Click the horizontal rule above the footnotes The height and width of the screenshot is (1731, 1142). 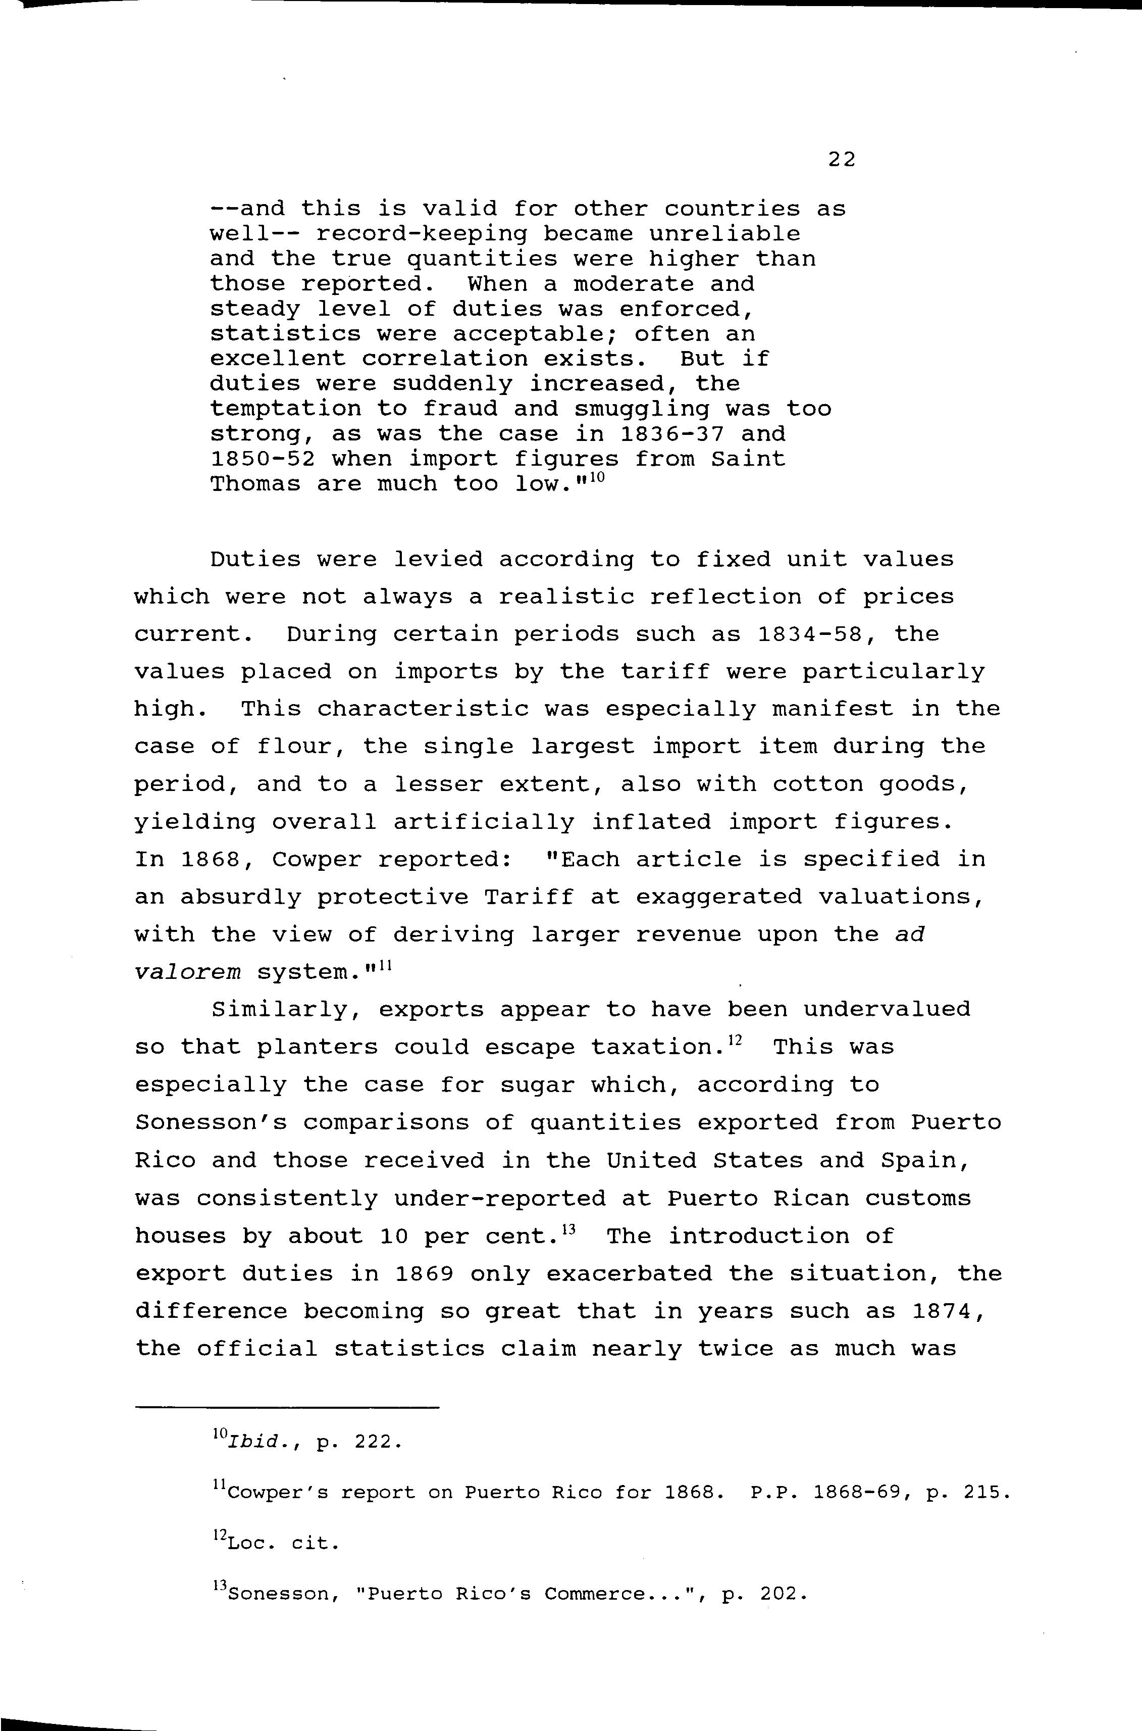coord(288,1407)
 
